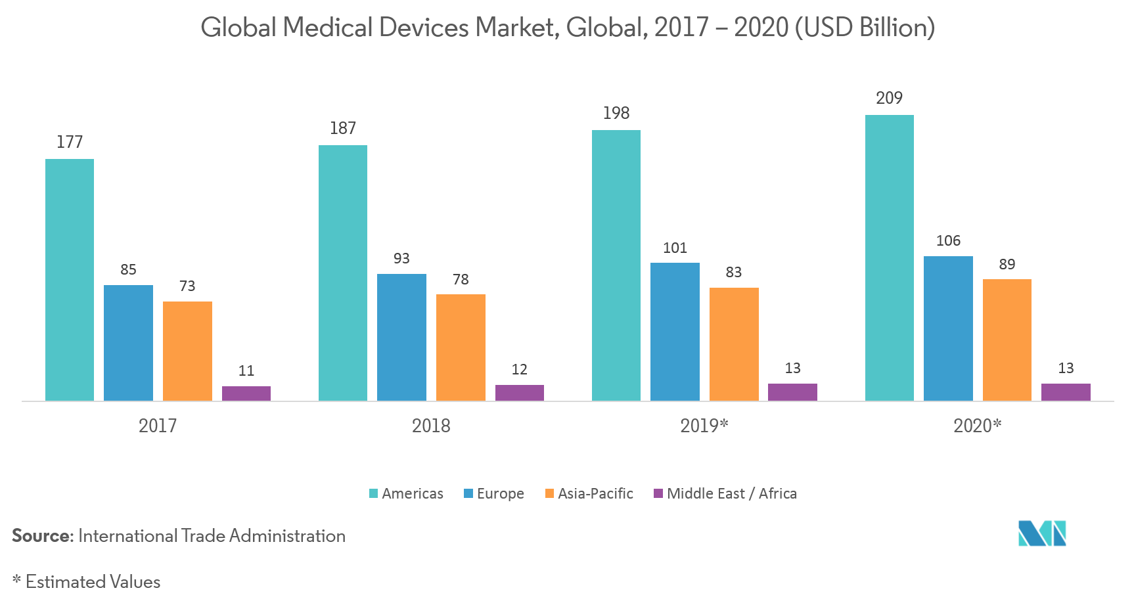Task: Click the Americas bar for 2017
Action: [70, 280]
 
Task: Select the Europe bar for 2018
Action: [401, 337]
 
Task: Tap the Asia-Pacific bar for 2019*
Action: [734, 344]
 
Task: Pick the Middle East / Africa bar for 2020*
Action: [1066, 392]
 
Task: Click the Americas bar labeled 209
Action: [889, 258]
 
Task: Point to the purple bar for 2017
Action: [246, 393]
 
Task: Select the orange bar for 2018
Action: [461, 347]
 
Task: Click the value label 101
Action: [675, 248]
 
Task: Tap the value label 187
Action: [343, 128]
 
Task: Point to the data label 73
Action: [187, 286]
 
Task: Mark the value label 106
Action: [948, 241]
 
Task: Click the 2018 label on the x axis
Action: [431, 426]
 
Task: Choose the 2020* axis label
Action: [977, 426]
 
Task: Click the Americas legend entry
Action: [406, 493]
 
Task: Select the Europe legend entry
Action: [494, 493]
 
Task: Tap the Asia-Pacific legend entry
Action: [589, 493]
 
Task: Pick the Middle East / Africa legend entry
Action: [725, 493]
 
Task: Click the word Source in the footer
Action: [41, 536]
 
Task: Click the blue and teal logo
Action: [1042, 533]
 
